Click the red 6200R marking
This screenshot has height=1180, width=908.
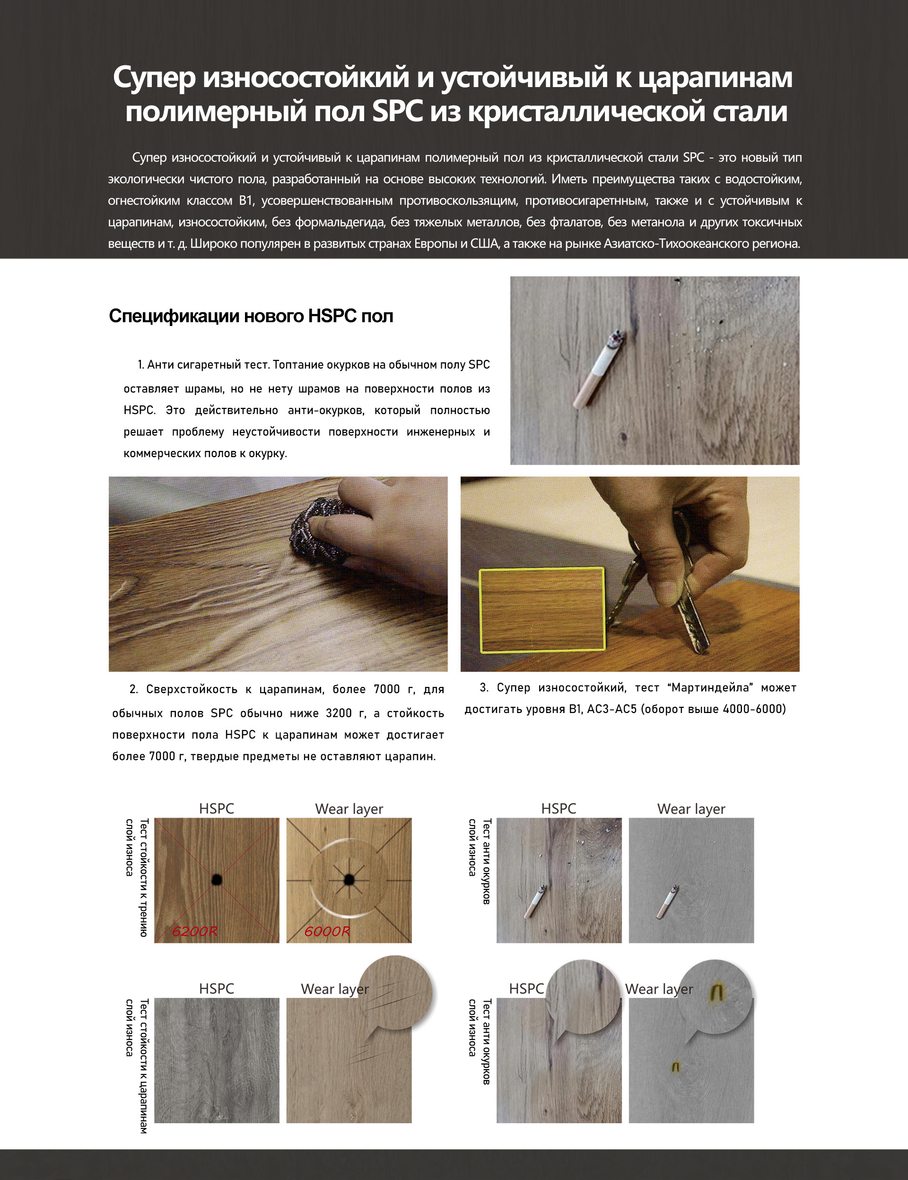(194, 931)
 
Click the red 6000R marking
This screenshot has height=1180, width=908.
(327, 931)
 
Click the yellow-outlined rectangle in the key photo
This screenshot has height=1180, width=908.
(542, 609)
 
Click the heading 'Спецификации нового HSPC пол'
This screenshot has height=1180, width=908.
(251, 316)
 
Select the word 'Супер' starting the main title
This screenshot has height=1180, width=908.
(154, 77)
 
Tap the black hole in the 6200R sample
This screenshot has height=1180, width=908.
(217, 879)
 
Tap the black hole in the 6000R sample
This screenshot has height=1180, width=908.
(349, 880)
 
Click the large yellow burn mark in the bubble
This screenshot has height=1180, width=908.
(717, 991)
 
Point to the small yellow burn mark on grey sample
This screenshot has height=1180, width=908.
(675, 1066)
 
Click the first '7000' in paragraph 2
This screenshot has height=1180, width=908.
(387, 689)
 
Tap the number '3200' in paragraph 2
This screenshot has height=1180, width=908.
(339, 713)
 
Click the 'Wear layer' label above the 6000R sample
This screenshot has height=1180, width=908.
(349, 809)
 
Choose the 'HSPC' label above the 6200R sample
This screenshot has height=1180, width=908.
(216, 808)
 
